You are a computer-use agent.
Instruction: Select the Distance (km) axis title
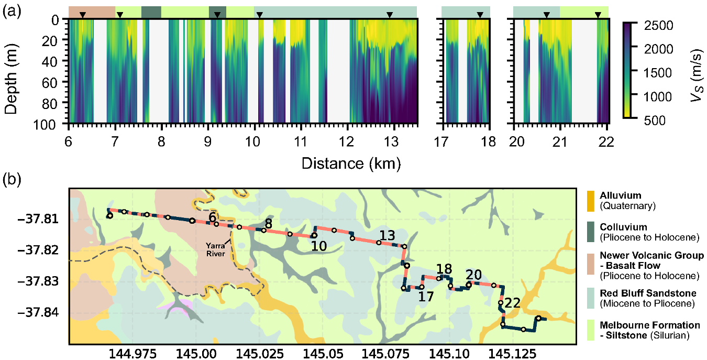351,163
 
